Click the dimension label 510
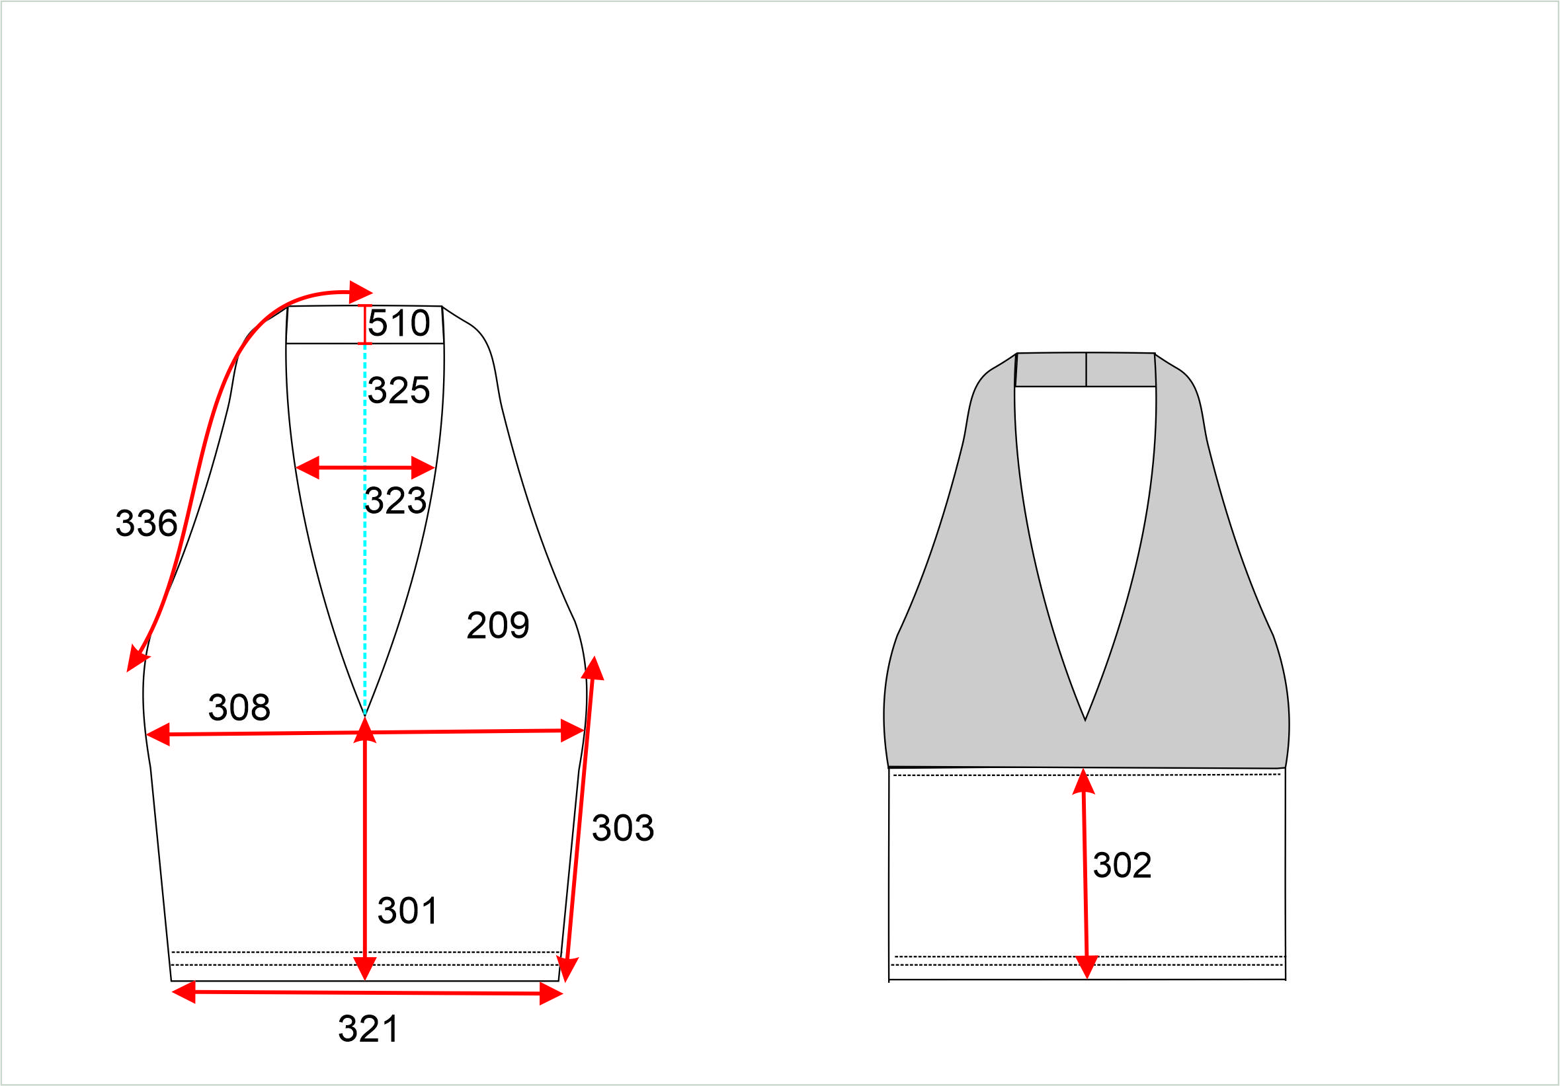click(x=399, y=323)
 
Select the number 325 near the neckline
click(x=399, y=390)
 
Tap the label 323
click(x=395, y=500)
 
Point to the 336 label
click(x=147, y=523)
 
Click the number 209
click(x=498, y=625)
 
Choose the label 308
click(x=239, y=707)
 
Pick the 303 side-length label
click(x=623, y=828)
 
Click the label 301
click(x=407, y=911)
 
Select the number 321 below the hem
click(x=368, y=1029)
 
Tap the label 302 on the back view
click(x=1122, y=865)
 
